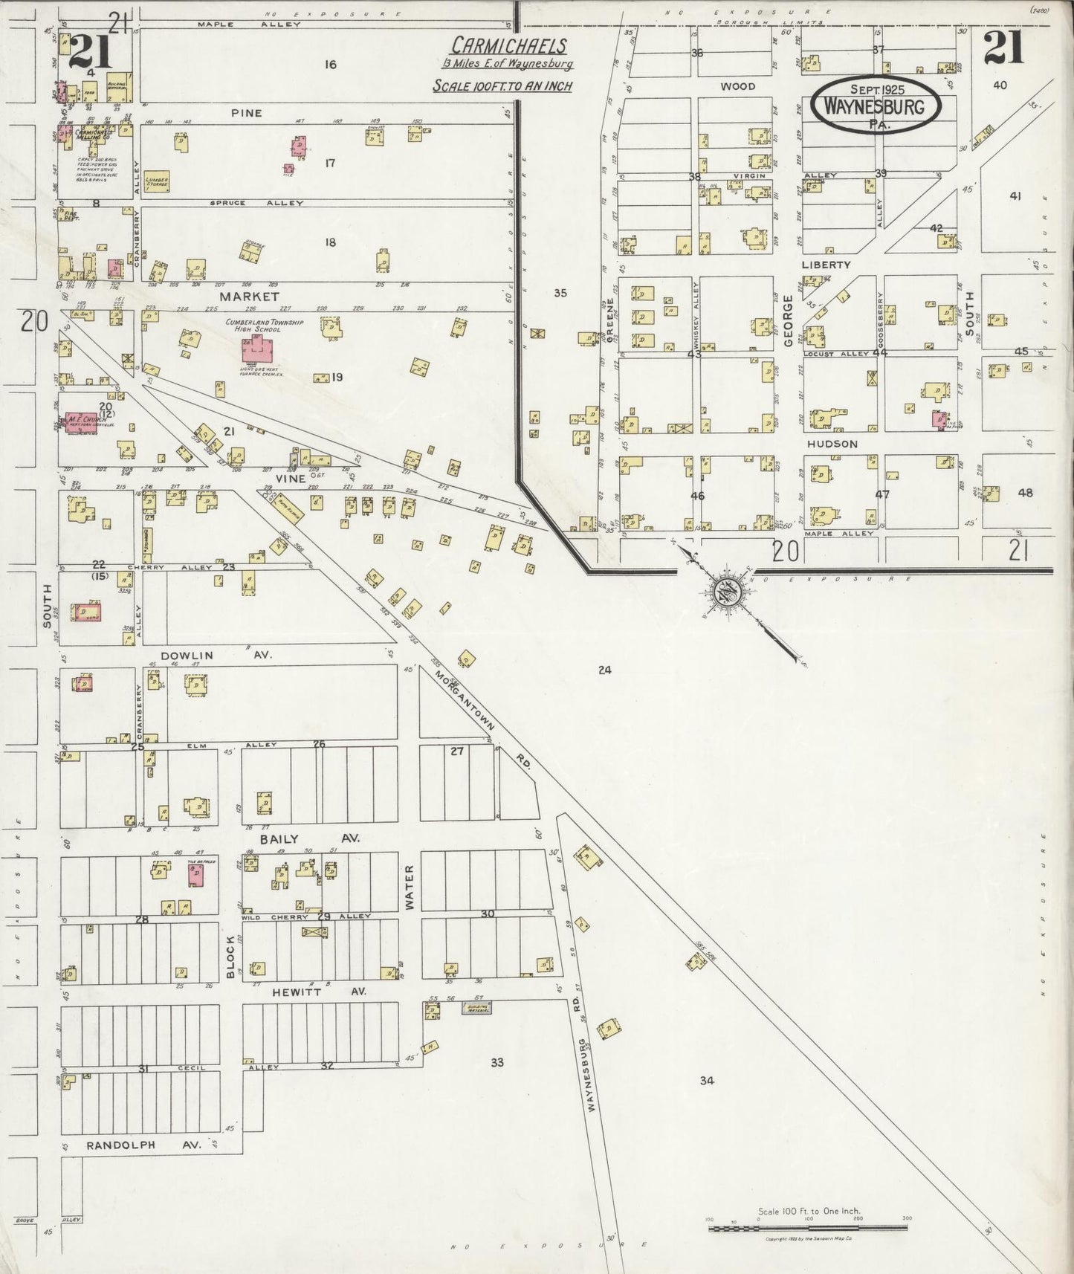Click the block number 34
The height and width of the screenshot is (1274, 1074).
click(x=706, y=1081)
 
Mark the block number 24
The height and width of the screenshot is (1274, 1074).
click(x=604, y=670)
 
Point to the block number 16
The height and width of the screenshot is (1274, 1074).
click(x=330, y=65)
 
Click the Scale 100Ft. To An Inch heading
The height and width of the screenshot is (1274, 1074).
click(x=502, y=85)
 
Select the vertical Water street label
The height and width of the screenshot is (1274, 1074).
click(x=409, y=886)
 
